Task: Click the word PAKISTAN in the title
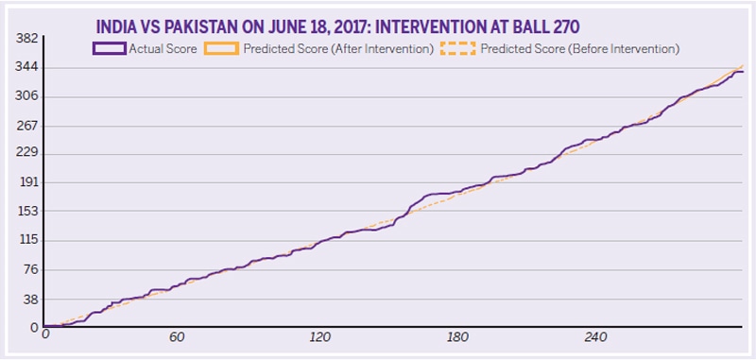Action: coord(208,27)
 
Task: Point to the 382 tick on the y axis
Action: coord(25,39)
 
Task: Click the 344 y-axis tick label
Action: coord(25,68)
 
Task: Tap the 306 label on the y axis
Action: coord(25,96)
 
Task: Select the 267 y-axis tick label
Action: coord(25,126)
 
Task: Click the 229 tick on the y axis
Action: coord(25,154)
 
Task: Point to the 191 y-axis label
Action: coord(25,183)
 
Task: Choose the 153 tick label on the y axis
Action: coord(25,213)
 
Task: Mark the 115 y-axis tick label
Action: coord(25,241)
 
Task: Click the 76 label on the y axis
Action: coord(28,270)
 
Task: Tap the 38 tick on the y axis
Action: coord(28,300)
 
